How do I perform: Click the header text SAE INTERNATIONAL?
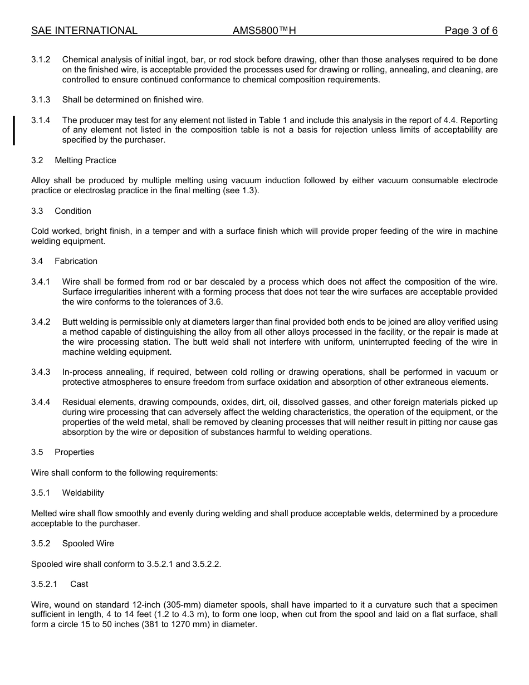pyautogui.click(x=84, y=31)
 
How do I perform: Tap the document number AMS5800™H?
pyautogui.click(x=264, y=31)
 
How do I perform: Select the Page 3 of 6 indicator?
pyautogui.click(x=471, y=31)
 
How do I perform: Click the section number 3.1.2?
pyautogui.click(x=41, y=60)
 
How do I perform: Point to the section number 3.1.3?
pyautogui.click(x=41, y=100)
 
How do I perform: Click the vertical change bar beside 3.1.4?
pyautogui.click(x=14, y=130)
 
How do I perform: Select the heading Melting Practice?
pyautogui.click(x=85, y=160)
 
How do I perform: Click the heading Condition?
pyautogui.click(x=73, y=211)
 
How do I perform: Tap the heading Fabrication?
pyautogui.click(x=76, y=261)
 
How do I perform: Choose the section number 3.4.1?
pyautogui.click(x=41, y=282)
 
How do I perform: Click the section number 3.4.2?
pyautogui.click(x=41, y=322)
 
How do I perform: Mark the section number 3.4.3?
pyautogui.click(x=41, y=372)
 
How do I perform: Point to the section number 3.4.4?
pyautogui.click(x=41, y=402)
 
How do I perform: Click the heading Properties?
pyautogui.click(x=74, y=452)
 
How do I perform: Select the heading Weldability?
pyautogui.click(x=83, y=493)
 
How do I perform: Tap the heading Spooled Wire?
pyautogui.click(x=88, y=544)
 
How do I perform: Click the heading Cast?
pyautogui.click(x=79, y=584)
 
